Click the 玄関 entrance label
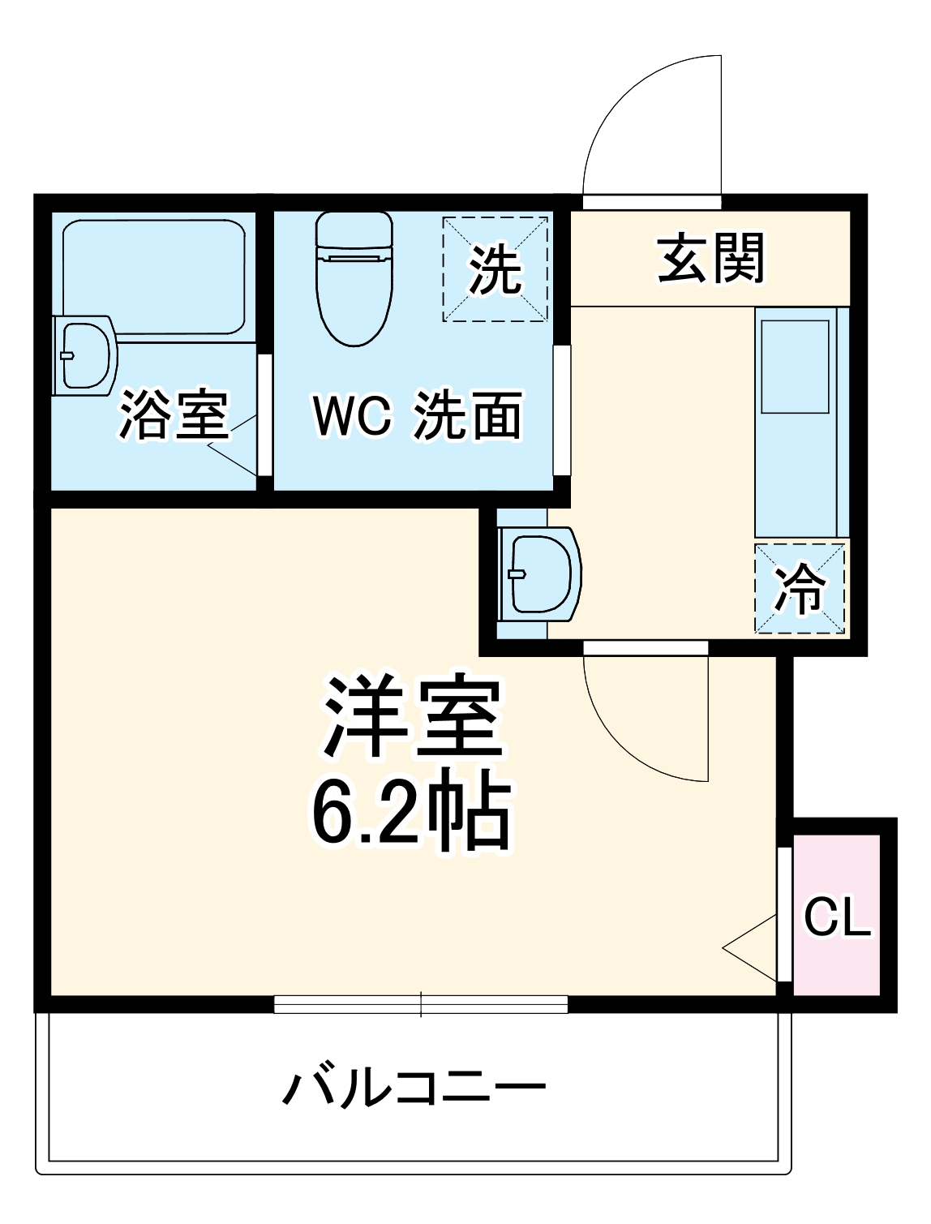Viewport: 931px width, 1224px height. point(710,259)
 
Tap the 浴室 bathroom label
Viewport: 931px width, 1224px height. point(174,414)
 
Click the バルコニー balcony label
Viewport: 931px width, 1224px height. point(414,1088)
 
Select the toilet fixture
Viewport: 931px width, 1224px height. point(354,276)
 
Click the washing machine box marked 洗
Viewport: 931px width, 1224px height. point(495,268)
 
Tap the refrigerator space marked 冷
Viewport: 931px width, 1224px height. point(800,588)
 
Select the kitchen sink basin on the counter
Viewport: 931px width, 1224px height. point(794,366)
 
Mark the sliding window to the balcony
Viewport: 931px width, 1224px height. point(420,1005)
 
